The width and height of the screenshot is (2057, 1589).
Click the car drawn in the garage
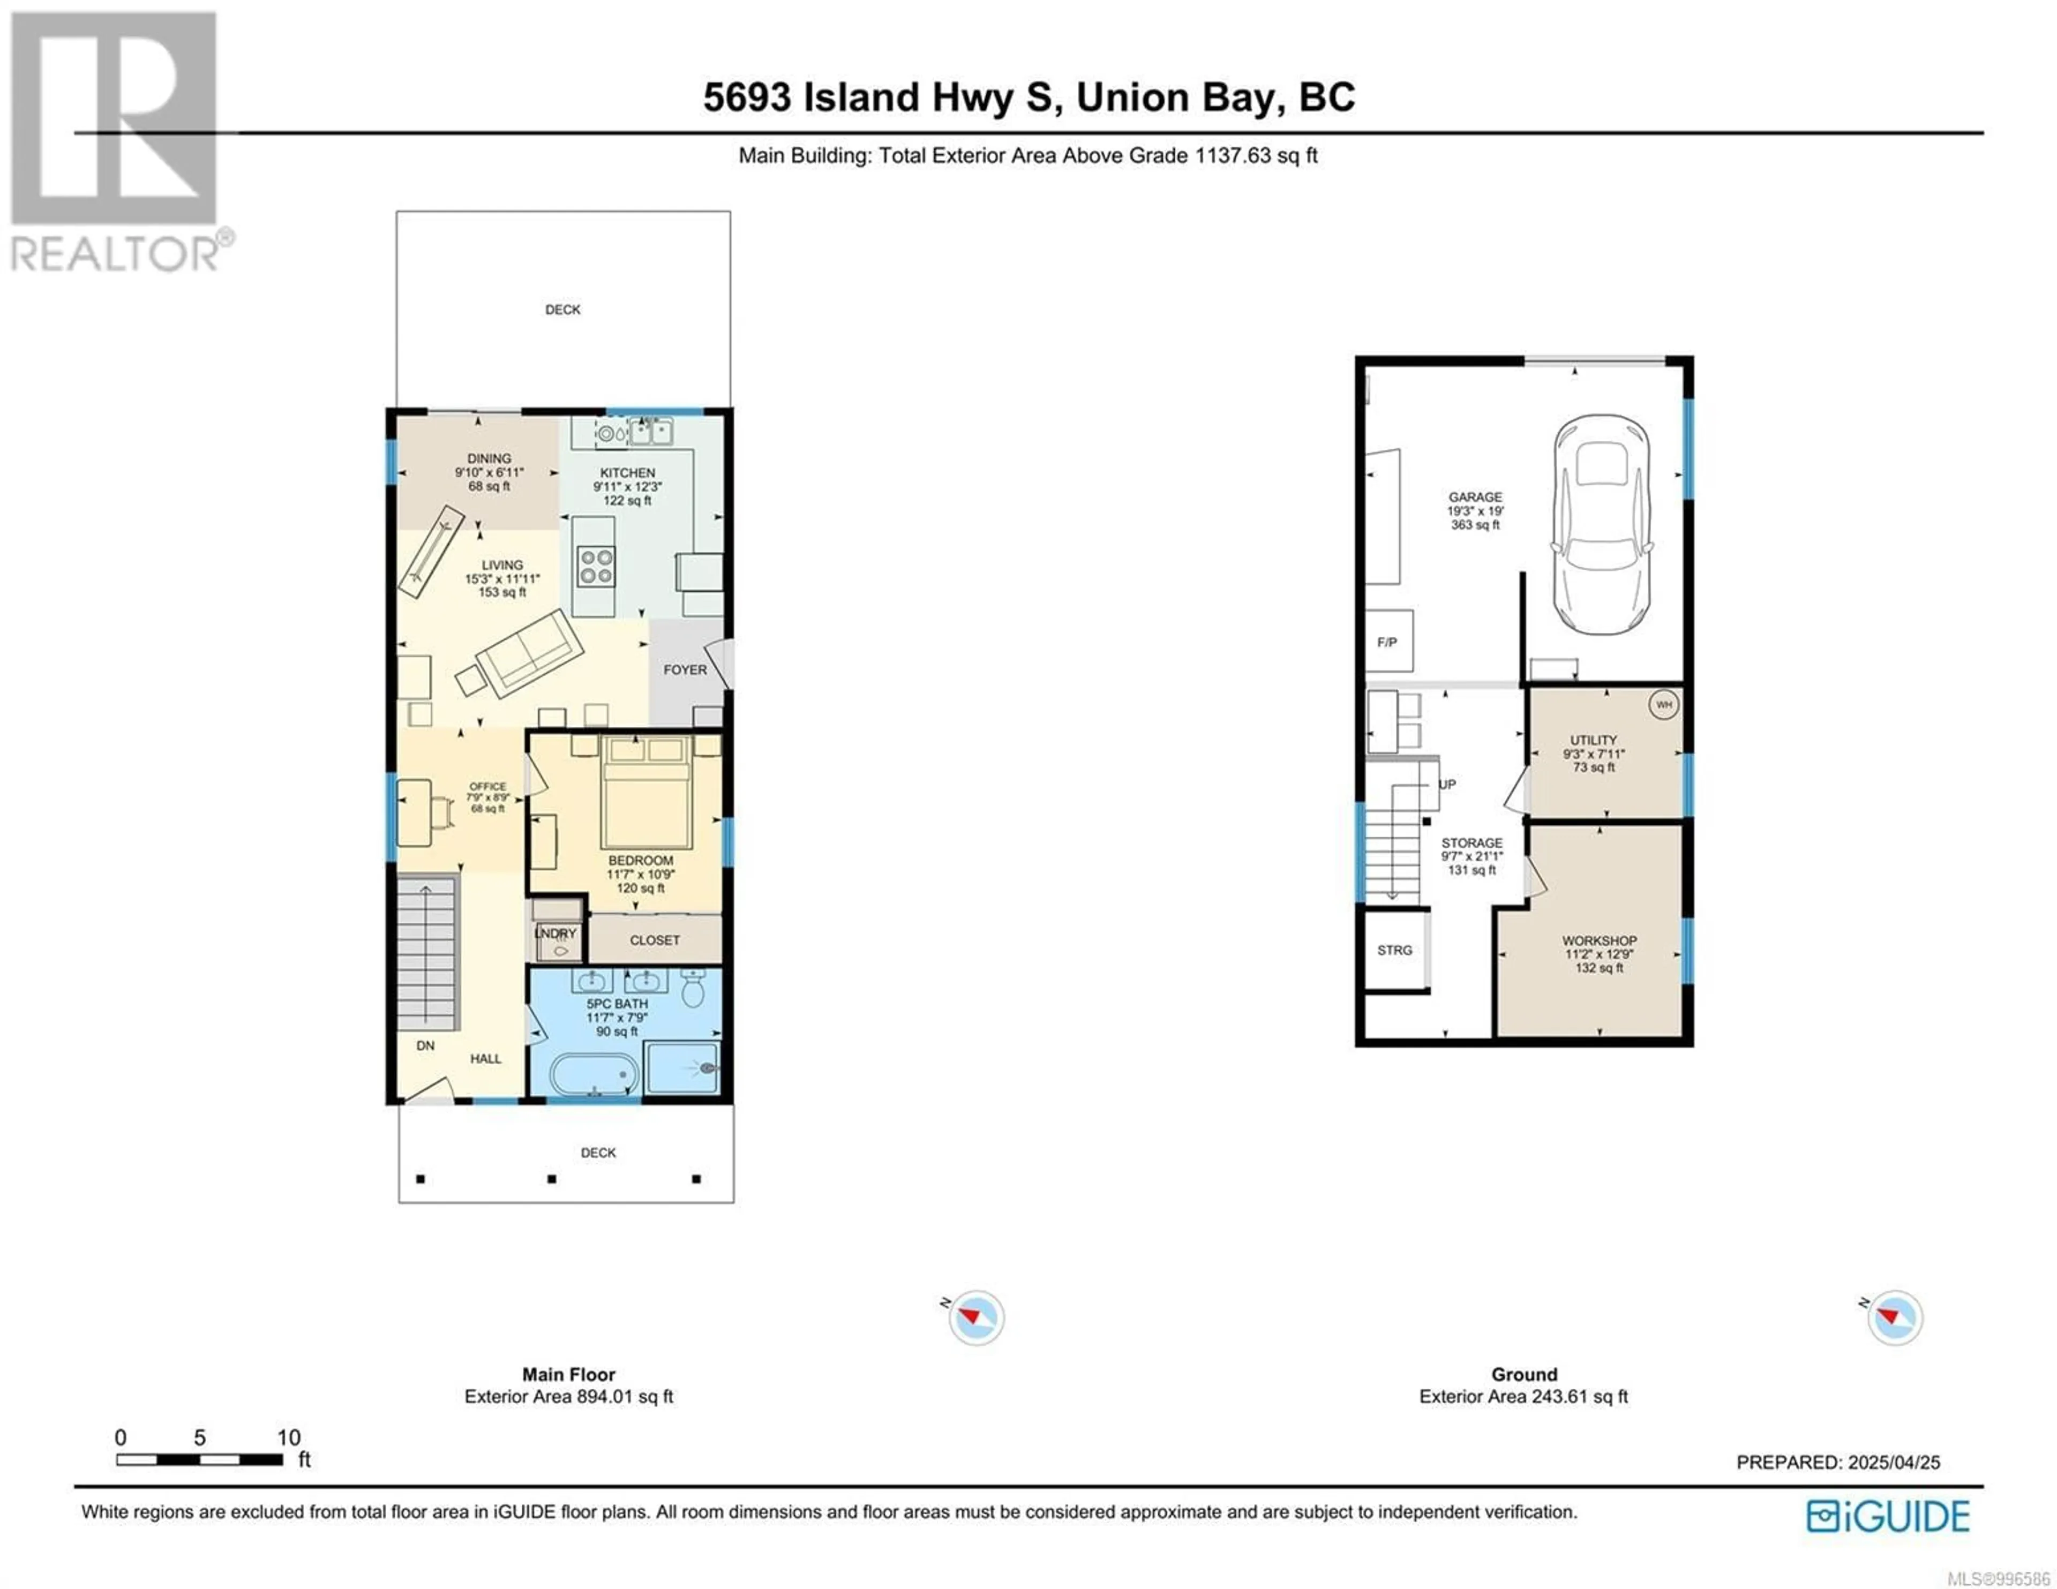click(x=1601, y=525)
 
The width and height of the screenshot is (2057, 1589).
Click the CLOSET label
click(x=655, y=940)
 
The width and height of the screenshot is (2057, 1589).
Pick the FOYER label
click(x=685, y=669)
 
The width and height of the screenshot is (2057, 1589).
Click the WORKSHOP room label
click(x=1599, y=940)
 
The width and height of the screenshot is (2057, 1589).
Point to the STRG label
click(x=1395, y=951)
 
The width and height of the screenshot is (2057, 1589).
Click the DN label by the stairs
click(x=426, y=1045)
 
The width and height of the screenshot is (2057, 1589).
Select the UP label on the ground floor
click(x=1447, y=784)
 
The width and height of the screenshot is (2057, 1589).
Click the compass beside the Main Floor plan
click(x=977, y=1317)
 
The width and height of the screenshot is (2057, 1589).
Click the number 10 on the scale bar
click(x=288, y=1437)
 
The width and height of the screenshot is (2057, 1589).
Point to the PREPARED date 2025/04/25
click(x=1894, y=1462)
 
